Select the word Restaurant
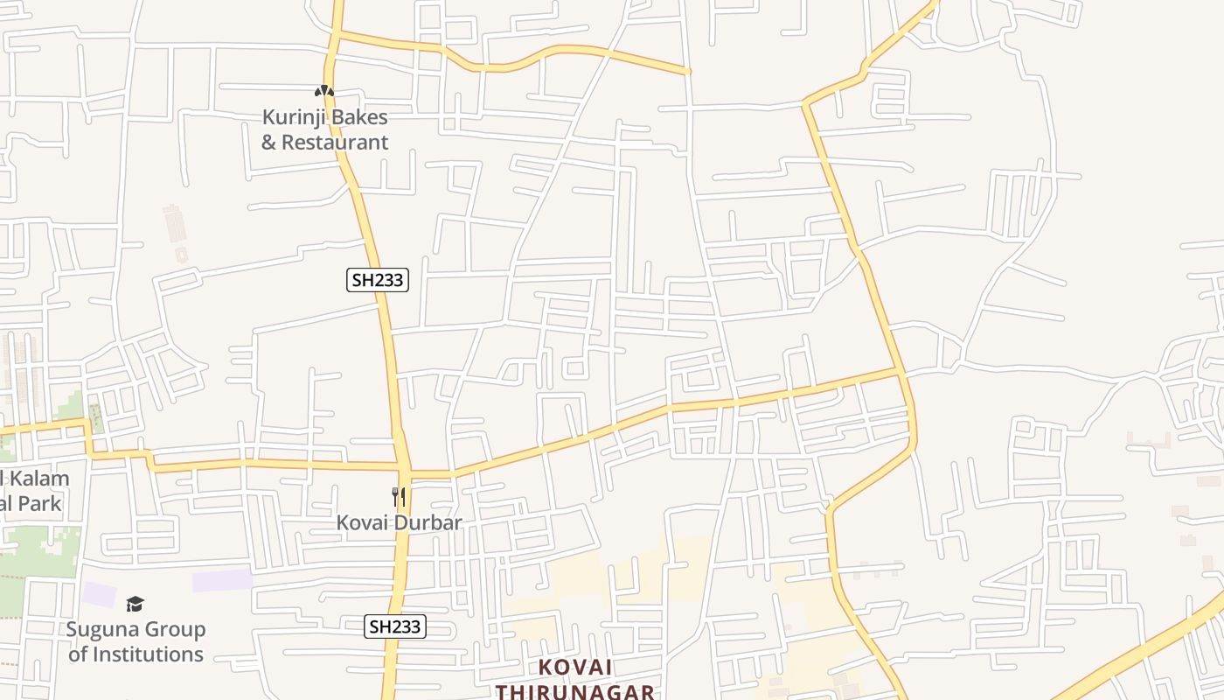point(336,142)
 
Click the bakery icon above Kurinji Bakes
point(324,91)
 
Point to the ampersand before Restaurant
point(269,142)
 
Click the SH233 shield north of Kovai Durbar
point(378,280)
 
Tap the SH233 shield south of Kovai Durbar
point(395,626)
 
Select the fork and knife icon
point(399,497)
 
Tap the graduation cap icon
point(135,604)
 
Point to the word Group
point(174,629)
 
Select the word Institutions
point(148,654)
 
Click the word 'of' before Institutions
point(78,654)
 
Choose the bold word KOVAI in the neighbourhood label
point(575,667)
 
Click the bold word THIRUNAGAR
point(575,691)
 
